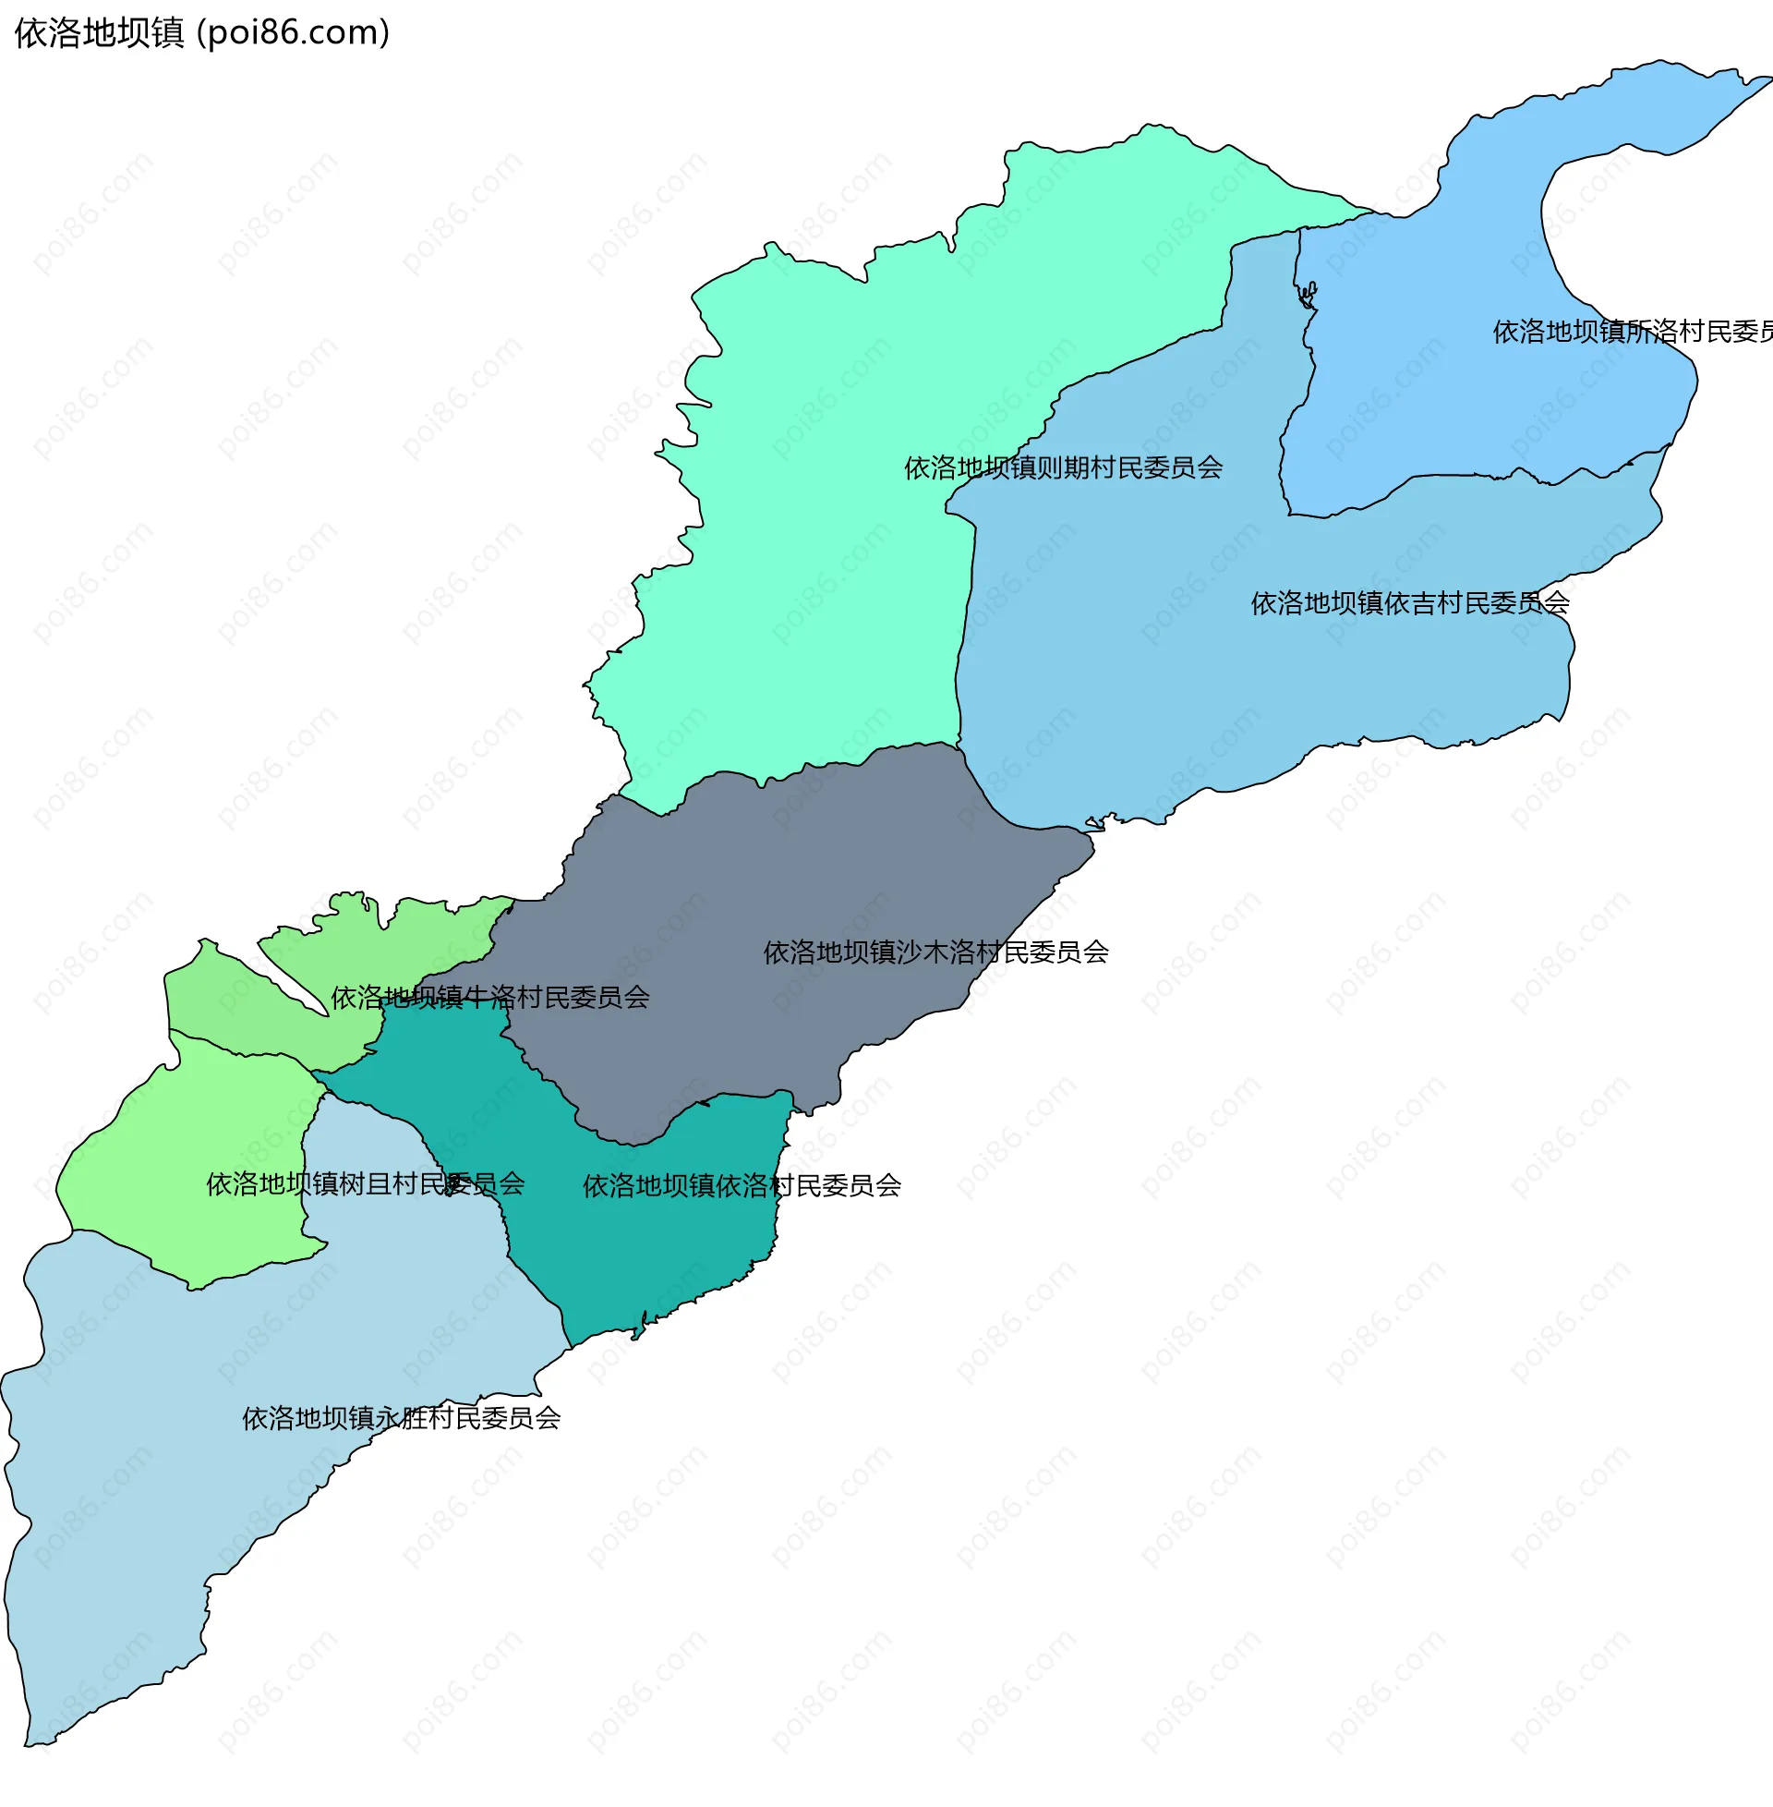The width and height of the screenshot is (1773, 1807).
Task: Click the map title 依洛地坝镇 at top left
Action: pyautogui.click(x=100, y=33)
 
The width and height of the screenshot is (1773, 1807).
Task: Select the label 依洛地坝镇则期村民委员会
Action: pyautogui.click(x=1064, y=467)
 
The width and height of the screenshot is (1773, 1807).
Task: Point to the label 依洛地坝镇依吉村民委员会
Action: pyautogui.click(x=1410, y=603)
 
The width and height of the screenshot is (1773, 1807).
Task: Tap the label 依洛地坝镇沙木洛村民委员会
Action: pyautogui.click(x=935, y=952)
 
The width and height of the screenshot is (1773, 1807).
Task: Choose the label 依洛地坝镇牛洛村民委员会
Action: pyautogui.click(x=489, y=998)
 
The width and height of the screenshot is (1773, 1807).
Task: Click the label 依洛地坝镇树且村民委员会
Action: pyautogui.click(x=365, y=1183)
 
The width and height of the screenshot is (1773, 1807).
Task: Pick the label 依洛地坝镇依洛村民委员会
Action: pyautogui.click(x=742, y=1185)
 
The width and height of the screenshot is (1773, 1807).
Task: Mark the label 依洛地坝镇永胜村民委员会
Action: pyautogui.click(x=402, y=1418)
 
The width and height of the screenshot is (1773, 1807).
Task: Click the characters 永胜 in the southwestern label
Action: pyautogui.click(x=402, y=1418)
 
